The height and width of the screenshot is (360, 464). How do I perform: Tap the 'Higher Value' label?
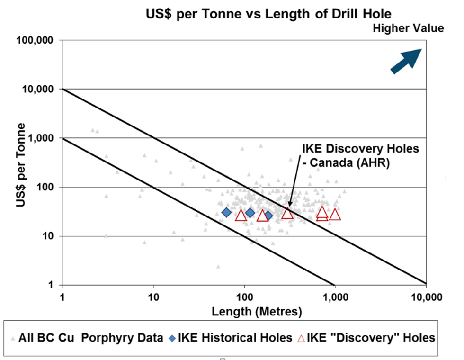tap(408, 28)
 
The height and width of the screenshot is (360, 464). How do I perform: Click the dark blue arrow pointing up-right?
tap(406, 61)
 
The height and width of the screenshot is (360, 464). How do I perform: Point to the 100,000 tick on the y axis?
tap(39, 41)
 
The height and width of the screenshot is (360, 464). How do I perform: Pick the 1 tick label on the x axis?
tap(62, 297)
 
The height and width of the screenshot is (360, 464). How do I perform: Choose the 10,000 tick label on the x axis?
tap(426, 297)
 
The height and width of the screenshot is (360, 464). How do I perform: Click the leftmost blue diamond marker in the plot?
tap(227, 212)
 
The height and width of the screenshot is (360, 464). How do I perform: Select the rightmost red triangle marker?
tap(335, 215)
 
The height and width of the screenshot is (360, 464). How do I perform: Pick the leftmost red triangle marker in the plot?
tap(241, 216)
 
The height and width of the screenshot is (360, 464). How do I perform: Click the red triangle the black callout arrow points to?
tap(287, 214)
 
